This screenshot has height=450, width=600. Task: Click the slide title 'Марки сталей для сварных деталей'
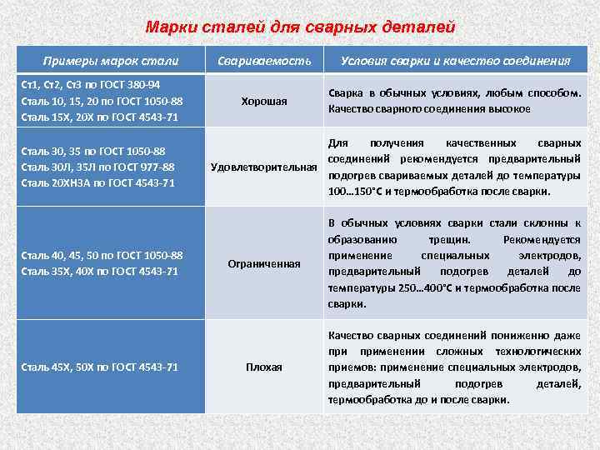click(x=300, y=27)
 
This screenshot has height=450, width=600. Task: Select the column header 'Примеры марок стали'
click(x=111, y=61)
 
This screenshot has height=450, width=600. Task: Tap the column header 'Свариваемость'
click(x=264, y=61)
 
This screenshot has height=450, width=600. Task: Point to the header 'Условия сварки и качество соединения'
click(x=455, y=61)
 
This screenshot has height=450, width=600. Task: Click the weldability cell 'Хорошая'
click(x=264, y=101)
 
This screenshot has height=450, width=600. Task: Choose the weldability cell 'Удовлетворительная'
click(x=264, y=167)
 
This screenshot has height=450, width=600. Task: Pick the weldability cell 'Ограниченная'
click(x=264, y=263)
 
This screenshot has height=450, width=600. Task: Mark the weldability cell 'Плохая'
click(x=264, y=367)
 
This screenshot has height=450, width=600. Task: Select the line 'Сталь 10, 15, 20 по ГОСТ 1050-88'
click(x=101, y=101)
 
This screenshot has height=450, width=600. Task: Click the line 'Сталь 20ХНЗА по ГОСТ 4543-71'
click(x=97, y=182)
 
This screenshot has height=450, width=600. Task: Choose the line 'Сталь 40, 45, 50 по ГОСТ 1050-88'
click(x=101, y=256)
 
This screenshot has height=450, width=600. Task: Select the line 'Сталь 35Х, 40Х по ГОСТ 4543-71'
click(x=98, y=272)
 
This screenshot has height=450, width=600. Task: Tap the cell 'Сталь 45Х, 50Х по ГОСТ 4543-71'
click(x=98, y=367)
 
